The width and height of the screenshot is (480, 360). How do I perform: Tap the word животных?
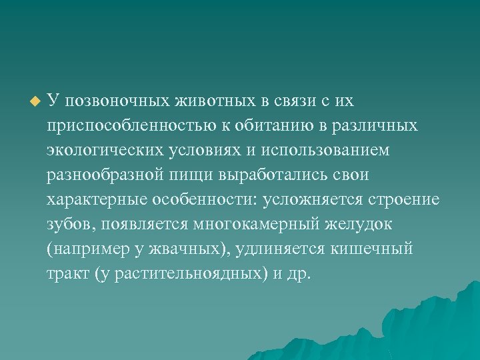coord(215,101)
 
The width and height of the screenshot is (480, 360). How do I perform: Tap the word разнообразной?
coord(109,175)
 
